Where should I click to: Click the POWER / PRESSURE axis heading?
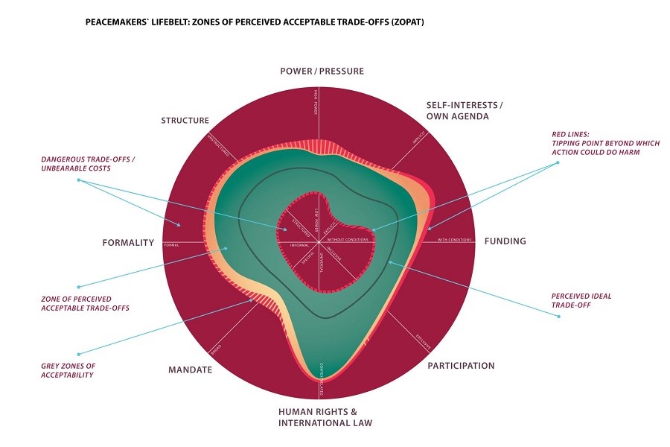[x=322, y=72]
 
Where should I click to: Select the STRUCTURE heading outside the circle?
[x=185, y=121]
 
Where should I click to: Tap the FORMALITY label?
[x=128, y=242]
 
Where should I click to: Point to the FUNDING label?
[x=505, y=241]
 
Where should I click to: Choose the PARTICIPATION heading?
[x=461, y=366]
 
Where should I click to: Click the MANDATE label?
[x=190, y=370]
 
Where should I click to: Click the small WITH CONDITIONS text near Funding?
[x=454, y=240]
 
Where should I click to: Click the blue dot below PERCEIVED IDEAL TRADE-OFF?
[x=558, y=317]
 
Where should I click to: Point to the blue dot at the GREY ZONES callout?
[x=78, y=353]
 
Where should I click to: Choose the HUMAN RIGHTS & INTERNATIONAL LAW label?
[x=325, y=417]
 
